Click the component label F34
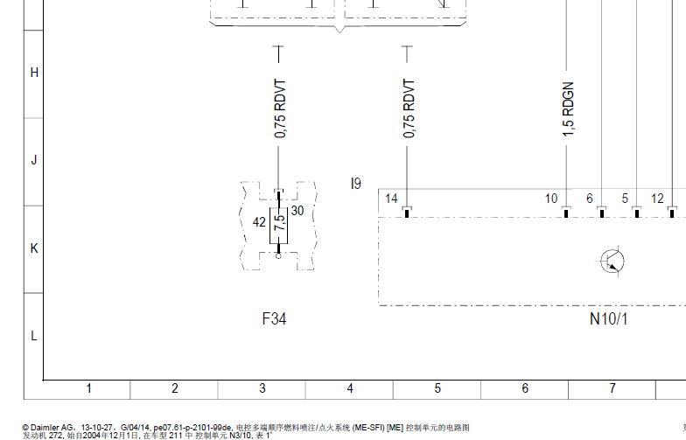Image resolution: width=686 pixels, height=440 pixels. (x=275, y=318)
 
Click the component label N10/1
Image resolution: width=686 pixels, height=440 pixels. (x=609, y=318)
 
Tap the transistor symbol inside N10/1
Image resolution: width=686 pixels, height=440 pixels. (x=612, y=262)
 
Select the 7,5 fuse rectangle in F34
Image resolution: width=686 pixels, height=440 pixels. (x=278, y=226)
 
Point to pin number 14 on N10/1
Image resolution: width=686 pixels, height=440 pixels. (x=391, y=199)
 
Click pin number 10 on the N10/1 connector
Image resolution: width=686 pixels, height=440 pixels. (x=551, y=199)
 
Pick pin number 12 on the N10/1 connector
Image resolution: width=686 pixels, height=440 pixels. (x=657, y=199)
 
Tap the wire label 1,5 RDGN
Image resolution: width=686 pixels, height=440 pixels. (x=567, y=108)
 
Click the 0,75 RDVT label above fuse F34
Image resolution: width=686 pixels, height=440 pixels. (x=280, y=108)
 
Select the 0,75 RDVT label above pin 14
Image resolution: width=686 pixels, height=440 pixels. (x=409, y=108)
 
